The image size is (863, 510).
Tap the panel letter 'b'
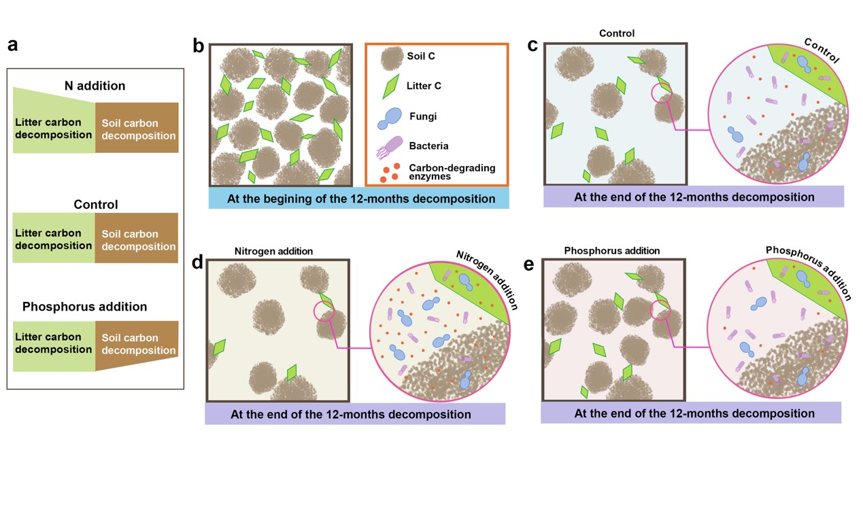(199, 46)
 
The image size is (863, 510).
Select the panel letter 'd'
(198, 262)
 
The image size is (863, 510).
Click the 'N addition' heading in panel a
(95, 86)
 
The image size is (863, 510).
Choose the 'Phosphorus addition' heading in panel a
(84, 307)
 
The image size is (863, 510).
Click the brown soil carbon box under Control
(137, 239)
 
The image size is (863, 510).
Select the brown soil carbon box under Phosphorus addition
(136, 345)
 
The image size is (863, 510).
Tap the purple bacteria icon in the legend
(389, 147)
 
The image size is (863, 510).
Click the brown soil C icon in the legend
(390, 58)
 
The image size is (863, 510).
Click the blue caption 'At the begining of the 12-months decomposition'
(358, 199)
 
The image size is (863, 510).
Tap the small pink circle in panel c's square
(660, 94)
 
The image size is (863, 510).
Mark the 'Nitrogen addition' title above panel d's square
(273, 251)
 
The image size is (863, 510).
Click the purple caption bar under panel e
(691, 413)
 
